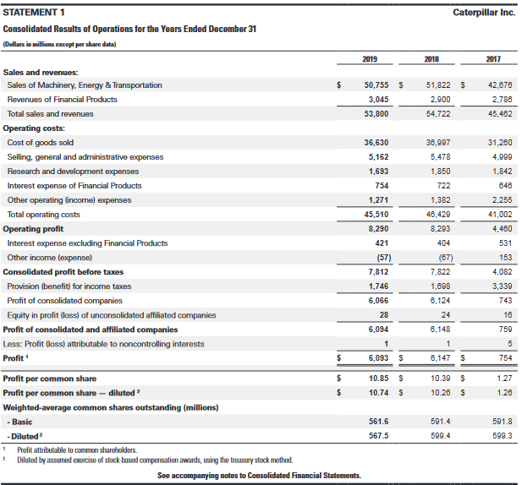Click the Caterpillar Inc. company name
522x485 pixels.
coord(483,13)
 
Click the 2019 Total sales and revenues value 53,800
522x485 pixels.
coord(375,113)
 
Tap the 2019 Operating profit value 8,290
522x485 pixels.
coord(378,229)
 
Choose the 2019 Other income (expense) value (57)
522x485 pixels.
coord(379,258)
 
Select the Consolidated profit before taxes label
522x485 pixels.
coord(63,272)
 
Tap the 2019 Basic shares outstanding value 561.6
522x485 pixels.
coord(378,422)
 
